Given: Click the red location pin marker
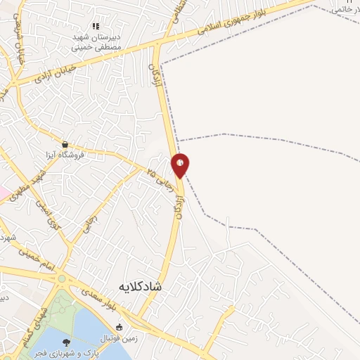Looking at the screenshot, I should [181, 165].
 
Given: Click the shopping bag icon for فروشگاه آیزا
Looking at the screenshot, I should [65, 143].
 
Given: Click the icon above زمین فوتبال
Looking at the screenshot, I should [119, 327].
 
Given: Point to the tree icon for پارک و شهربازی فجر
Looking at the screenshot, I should [66, 342].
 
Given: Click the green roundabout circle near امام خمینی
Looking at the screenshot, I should [62, 279].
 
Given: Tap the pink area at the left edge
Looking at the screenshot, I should [3, 191].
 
